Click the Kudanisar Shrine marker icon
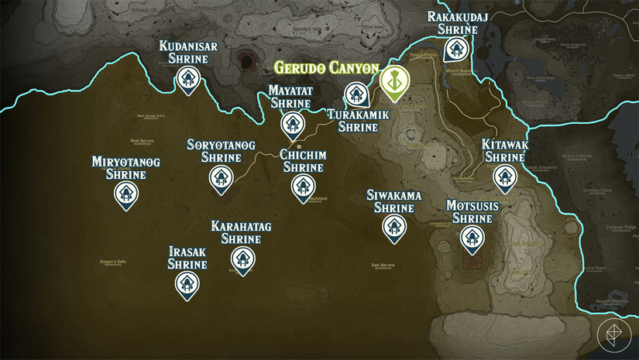(186, 78)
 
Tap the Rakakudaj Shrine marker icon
(455, 50)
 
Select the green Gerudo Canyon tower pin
(394, 83)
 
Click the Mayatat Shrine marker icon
(292, 124)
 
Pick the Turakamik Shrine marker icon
(356, 95)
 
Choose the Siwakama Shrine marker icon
(394, 227)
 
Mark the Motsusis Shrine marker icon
(472, 238)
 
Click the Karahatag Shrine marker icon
(242, 259)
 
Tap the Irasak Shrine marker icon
(187, 285)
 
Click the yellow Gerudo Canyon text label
(326, 68)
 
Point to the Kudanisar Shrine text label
(188, 53)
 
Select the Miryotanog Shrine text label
(125, 168)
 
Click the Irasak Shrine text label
(187, 259)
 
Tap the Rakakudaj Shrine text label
(457, 22)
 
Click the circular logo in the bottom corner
(613, 334)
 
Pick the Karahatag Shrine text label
(241, 232)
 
